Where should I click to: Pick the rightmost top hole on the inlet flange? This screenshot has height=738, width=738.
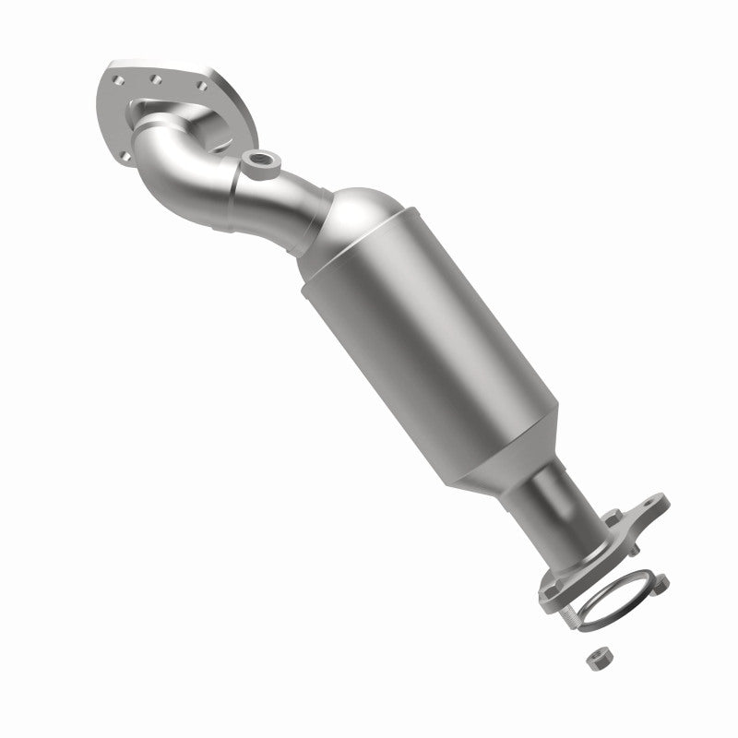click(x=202, y=86)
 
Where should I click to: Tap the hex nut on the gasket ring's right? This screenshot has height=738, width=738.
click(x=661, y=581)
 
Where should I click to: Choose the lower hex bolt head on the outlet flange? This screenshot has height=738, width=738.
click(x=551, y=583)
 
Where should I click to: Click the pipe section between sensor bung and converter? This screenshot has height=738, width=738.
click(x=304, y=198)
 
